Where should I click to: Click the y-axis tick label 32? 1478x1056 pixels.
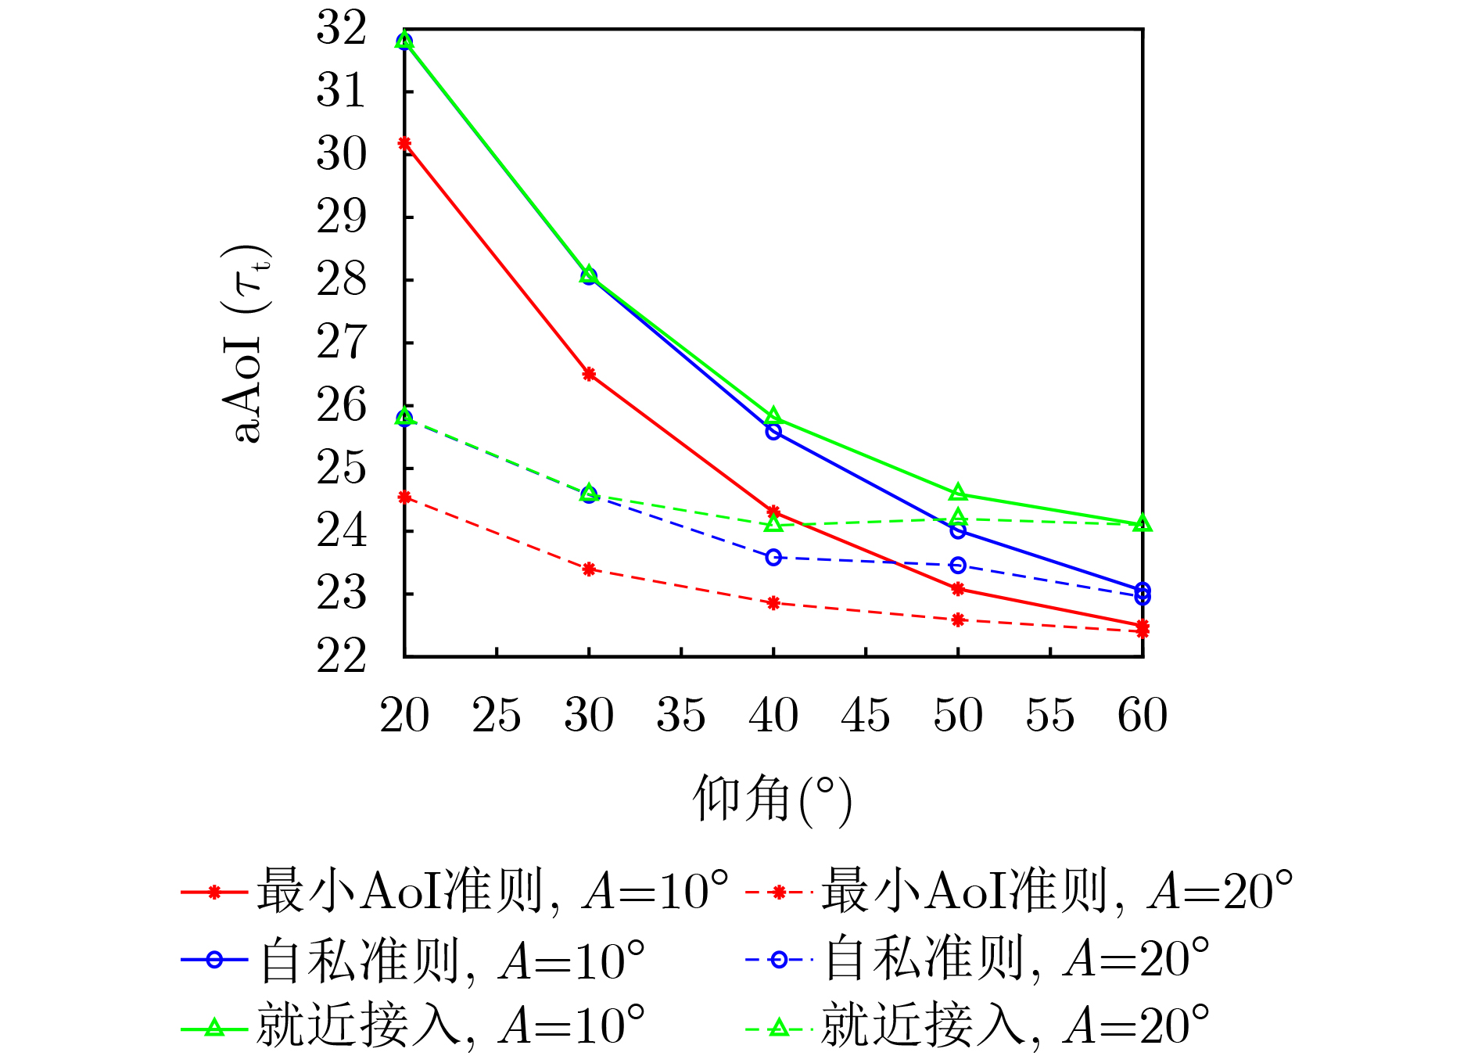(x=341, y=29)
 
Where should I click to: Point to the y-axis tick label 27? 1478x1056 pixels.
(x=341, y=343)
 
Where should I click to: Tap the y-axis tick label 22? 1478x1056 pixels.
(x=341, y=656)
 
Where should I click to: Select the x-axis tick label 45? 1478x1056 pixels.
(x=866, y=715)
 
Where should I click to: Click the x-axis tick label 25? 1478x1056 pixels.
(x=497, y=715)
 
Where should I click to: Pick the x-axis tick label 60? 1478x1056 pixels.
(x=1143, y=715)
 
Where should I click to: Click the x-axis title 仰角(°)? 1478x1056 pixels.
(x=772, y=799)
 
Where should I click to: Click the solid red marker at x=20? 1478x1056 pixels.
(x=404, y=143)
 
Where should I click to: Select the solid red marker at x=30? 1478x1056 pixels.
(x=589, y=374)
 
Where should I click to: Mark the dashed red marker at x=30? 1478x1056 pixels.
(x=589, y=569)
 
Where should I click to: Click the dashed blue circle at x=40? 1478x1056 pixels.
(x=773, y=557)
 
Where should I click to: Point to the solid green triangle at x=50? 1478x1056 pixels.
(x=958, y=493)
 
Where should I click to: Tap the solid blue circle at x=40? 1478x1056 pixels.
(x=773, y=431)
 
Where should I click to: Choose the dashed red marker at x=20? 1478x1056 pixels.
(x=404, y=497)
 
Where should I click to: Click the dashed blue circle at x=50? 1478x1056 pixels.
(x=958, y=565)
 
